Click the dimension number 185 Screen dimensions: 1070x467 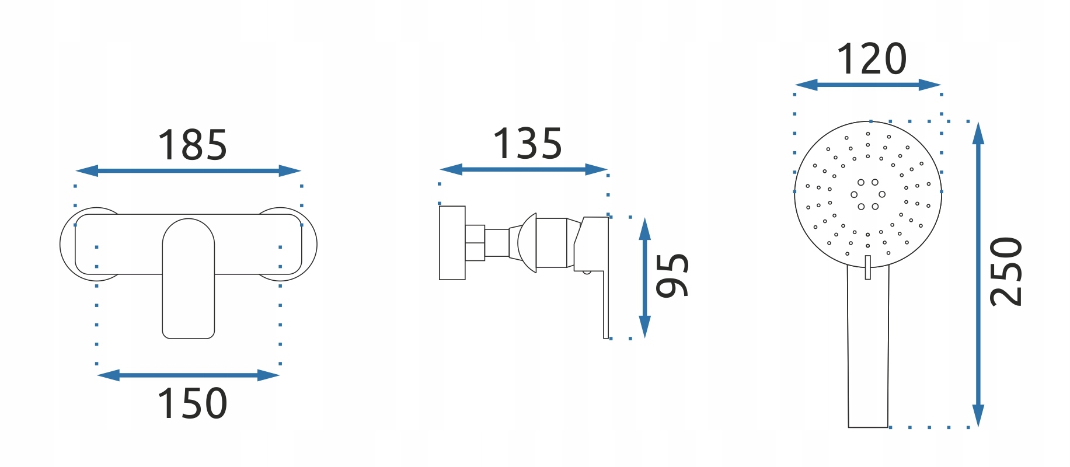(x=193, y=145)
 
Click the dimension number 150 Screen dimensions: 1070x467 (x=193, y=403)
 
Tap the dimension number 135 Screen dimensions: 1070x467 (x=528, y=144)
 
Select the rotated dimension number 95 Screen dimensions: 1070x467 (x=672, y=276)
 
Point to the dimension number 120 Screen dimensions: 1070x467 (x=872, y=60)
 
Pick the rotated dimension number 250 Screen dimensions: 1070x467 (x=1006, y=271)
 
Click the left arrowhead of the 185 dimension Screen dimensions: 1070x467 (x=86, y=171)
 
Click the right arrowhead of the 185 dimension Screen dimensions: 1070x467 (x=290, y=171)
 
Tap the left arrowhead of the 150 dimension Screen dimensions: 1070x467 (x=108, y=375)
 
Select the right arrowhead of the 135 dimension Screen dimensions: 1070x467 (x=597, y=170)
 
